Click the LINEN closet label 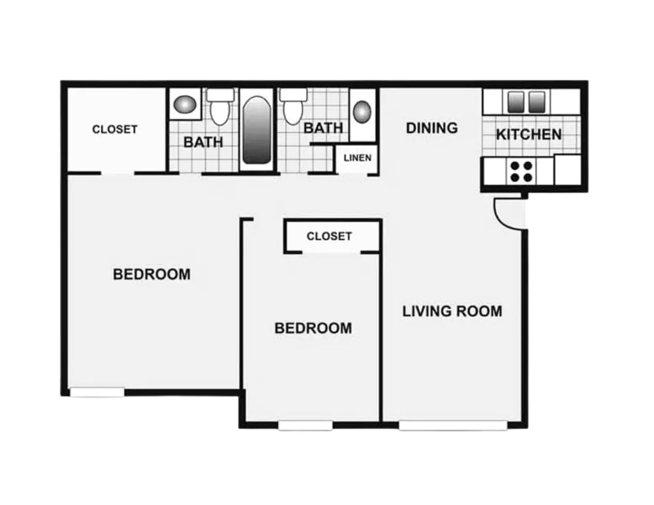point(357,158)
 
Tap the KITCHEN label point(529,135)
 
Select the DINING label point(432,128)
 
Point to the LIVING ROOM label point(452,311)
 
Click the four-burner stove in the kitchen point(521,171)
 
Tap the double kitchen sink point(526,102)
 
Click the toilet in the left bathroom point(220,107)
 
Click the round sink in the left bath point(184,104)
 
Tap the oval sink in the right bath point(362,112)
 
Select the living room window point(453,425)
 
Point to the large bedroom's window point(97,392)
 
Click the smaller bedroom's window point(305,425)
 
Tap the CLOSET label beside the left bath point(115,129)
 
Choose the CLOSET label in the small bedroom point(329,237)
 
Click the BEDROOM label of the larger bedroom point(152,274)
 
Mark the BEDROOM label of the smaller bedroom point(313,328)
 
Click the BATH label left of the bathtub point(203,142)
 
